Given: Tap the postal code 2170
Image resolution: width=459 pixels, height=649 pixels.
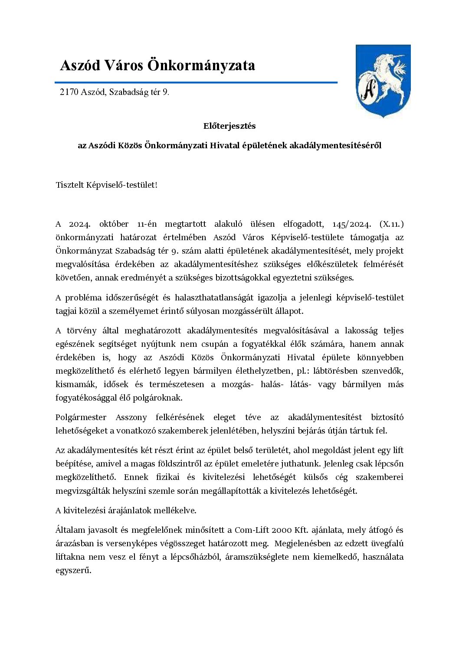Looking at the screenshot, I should [69, 92].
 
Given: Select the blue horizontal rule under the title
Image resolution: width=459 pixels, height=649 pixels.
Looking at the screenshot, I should [196, 82].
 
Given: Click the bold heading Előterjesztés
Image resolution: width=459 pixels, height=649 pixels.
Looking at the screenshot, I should [229, 126].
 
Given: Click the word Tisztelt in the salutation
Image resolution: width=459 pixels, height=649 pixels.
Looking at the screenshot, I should [69, 185].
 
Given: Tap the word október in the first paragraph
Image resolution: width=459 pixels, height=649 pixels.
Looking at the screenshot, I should [114, 224].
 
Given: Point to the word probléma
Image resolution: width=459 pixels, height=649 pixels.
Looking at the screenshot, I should [83, 297].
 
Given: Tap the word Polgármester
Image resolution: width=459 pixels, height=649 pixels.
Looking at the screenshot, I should [81, 417].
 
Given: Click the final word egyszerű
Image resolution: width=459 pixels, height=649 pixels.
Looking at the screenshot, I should [73, 570].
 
